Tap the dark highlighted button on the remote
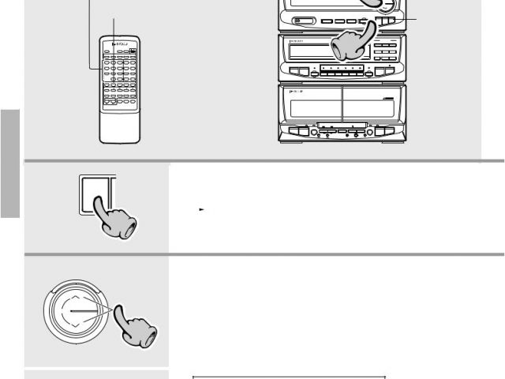pyautogui.click(x=134, y=54)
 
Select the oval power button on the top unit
pyautogui.click(x=302, y=22)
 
